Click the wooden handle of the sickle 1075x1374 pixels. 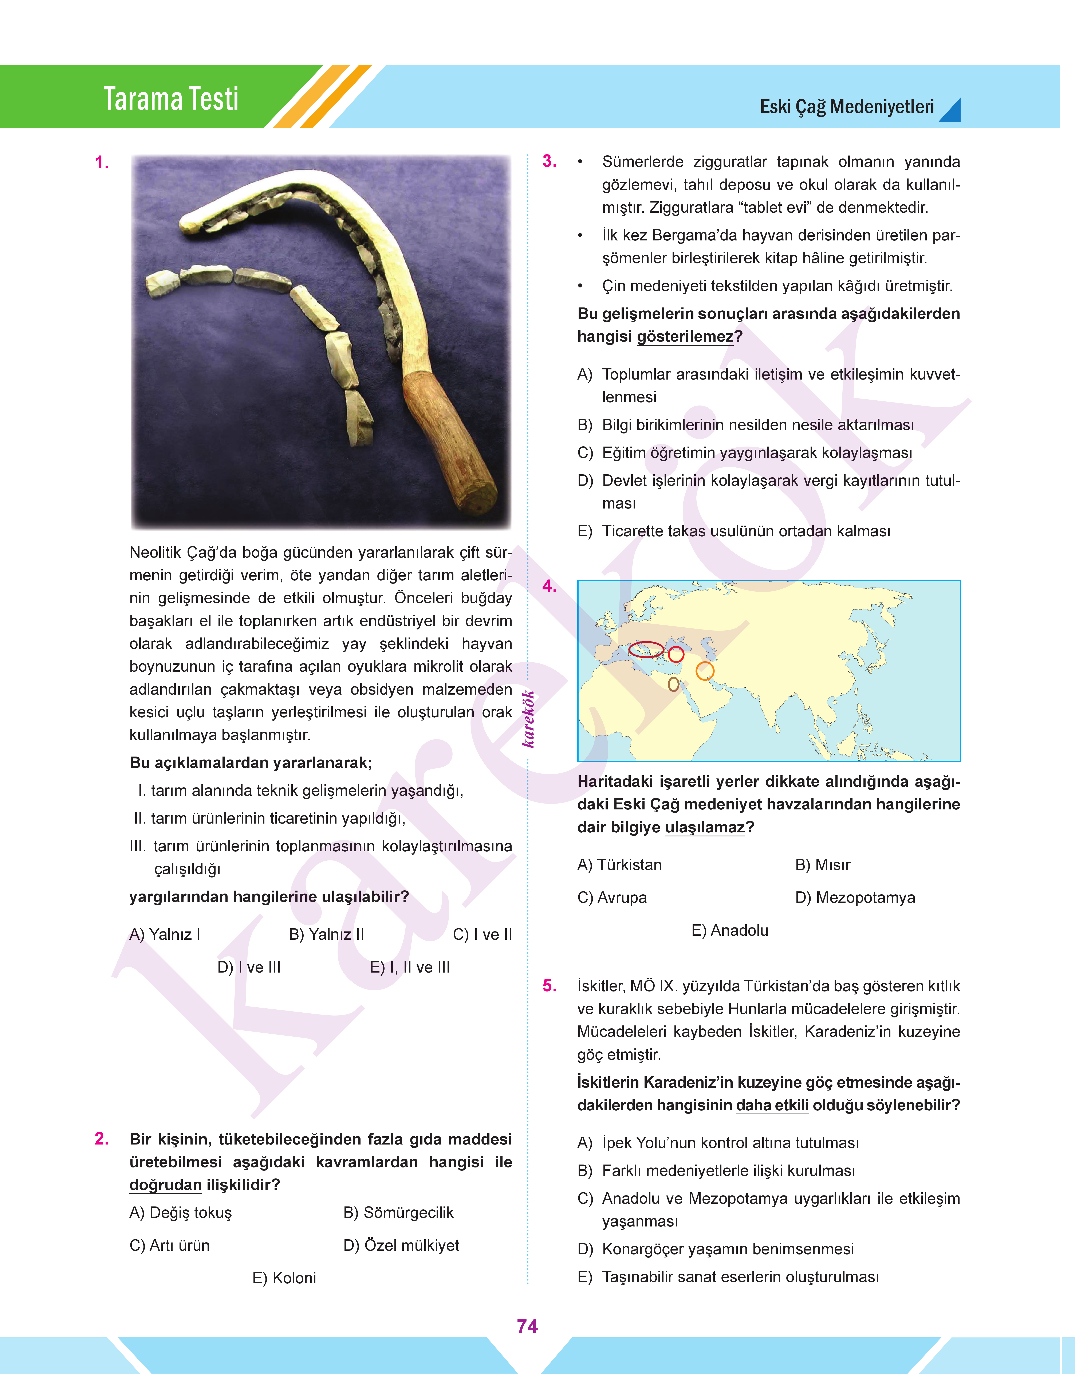point(450,441)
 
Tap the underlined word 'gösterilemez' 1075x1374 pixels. point(685,337)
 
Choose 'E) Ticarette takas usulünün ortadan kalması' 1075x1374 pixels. point(734,531)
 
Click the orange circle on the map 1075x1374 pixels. point(705,671)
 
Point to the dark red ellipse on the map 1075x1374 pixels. point(646,649)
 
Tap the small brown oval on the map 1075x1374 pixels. point(673,684)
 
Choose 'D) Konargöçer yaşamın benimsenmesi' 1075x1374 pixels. point(716,1249)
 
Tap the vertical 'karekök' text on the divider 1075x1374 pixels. point(529,719)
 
